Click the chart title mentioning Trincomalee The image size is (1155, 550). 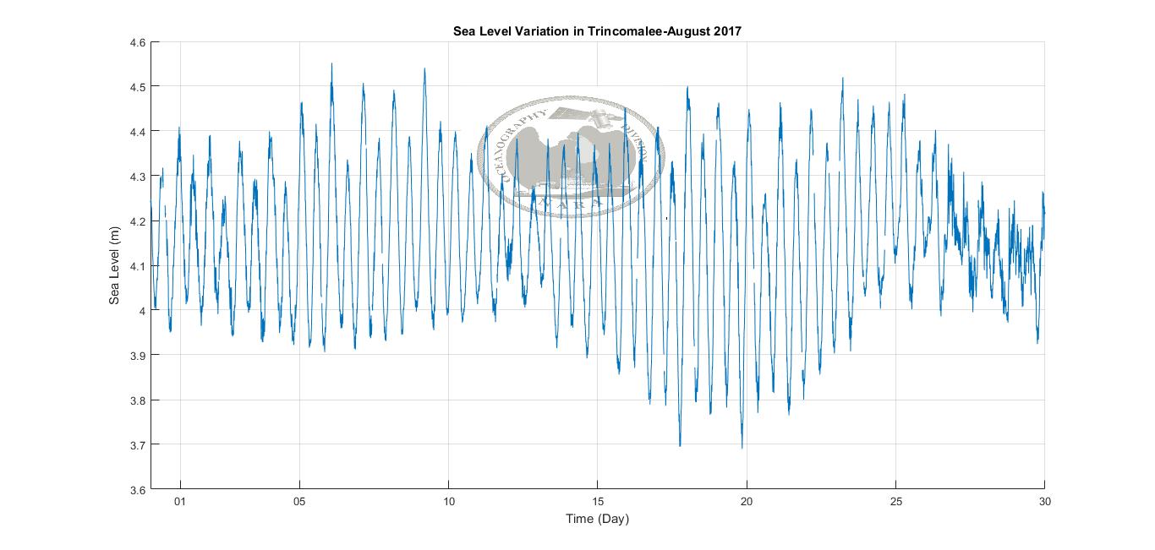pos(597,31)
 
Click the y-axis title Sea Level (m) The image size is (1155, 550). pos(114,266)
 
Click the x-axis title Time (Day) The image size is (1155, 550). pos(597,519)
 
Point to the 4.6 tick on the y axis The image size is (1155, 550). pos(137,42)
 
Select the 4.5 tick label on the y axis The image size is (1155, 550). pos(137,87)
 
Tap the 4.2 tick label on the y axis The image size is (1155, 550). pos(137,221)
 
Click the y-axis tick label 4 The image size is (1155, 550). pos(141,311)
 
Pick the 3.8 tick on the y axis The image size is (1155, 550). pos(137,400)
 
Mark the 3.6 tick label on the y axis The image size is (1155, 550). pos(137,490)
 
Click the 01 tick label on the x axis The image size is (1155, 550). pos(179,502)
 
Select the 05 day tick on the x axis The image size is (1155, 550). pos(299,502)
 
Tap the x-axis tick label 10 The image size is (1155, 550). pos(448,502)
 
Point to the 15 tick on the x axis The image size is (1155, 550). pos(598,502)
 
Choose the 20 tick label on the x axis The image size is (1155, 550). pos(747,502)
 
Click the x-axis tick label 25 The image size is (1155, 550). pos(895,502)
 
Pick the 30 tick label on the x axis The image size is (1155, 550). pos(1044,502)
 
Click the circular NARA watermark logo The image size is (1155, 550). pos(571,157)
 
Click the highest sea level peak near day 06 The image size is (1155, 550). pos(331,64)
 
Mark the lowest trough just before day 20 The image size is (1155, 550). pos(742,447)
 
